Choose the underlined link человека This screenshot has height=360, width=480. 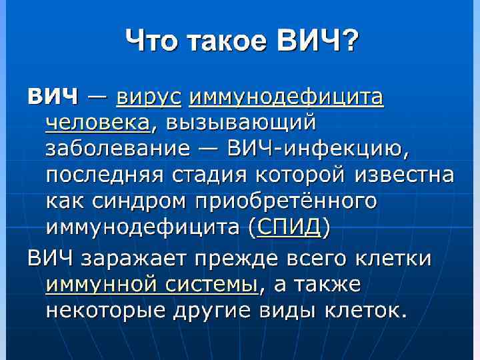point(98,124)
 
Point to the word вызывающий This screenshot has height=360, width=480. point(241,124)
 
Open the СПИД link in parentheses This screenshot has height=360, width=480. point(289,228)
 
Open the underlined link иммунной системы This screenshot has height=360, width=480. point(151,285)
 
